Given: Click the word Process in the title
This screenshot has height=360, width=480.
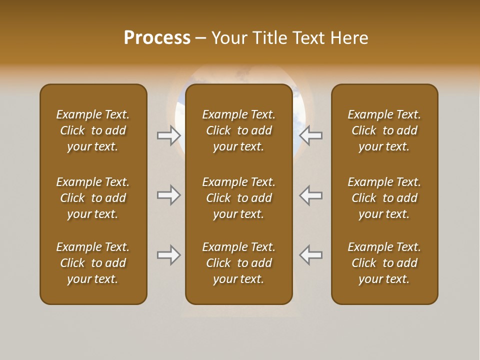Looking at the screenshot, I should tap(157, 38).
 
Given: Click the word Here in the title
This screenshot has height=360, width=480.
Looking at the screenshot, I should tap(348, 38).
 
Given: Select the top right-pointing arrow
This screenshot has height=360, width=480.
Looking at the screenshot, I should tap(168, 135).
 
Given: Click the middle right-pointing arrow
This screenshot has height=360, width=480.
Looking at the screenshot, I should tap(168, 195).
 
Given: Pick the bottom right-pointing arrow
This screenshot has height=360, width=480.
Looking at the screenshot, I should tap(168, 255).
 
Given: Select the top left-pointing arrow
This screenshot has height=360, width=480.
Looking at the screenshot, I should tap(311, 135).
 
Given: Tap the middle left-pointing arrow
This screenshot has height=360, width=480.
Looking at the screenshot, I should tap(311, 195).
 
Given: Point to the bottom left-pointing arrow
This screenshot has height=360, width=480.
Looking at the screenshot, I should tap(311, 255).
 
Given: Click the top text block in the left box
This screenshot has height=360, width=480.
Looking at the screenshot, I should tap(93, 130).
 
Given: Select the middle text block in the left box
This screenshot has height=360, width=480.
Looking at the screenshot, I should tap(93, 198).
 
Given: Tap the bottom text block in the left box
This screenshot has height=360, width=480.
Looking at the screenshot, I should tap(93, 263).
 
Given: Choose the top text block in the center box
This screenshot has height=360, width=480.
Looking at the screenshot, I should tap(238, 130).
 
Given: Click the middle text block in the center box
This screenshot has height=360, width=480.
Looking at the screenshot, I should tap(238, 198).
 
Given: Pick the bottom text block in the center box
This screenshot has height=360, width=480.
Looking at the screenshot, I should tap(238, 263).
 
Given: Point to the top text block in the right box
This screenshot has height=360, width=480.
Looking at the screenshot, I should tap(384, 130).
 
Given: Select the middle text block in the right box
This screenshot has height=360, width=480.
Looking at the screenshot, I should tap(384, 198).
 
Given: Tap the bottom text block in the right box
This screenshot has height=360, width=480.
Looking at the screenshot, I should tap(384, 263).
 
